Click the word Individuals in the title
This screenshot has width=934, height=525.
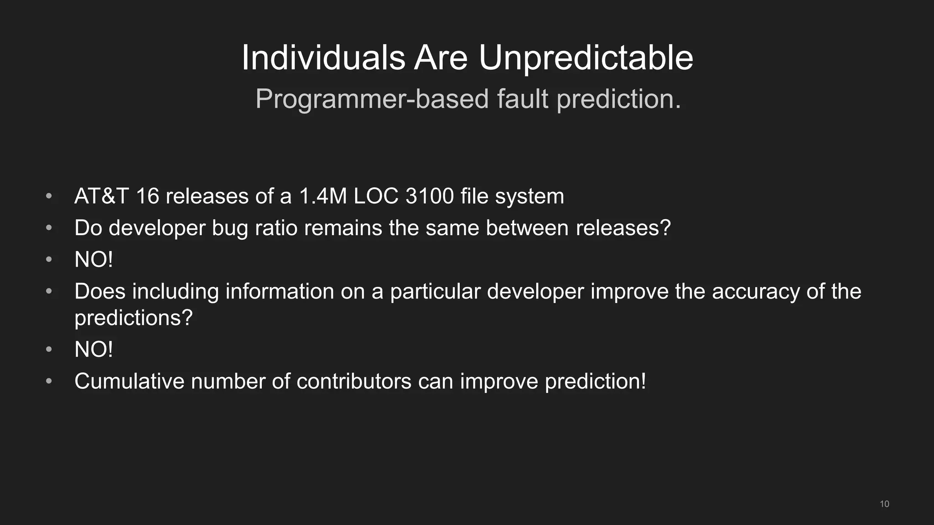point(323,58)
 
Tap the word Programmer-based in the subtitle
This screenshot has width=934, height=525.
point(372,99)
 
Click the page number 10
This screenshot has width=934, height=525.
point(884,504)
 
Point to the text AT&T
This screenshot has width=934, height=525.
point(101,196)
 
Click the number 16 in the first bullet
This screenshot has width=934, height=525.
point(147,196)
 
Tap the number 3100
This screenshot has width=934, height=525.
point(429,196)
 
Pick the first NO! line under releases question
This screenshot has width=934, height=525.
point(93,260)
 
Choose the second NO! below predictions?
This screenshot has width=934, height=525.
point(93,350)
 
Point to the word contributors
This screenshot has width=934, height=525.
point(353,381)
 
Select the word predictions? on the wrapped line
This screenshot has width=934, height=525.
point(134,318)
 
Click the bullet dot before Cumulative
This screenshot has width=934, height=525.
point(49,381)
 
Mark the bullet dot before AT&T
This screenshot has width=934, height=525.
point(49,196)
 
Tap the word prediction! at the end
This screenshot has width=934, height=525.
point(595,381)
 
